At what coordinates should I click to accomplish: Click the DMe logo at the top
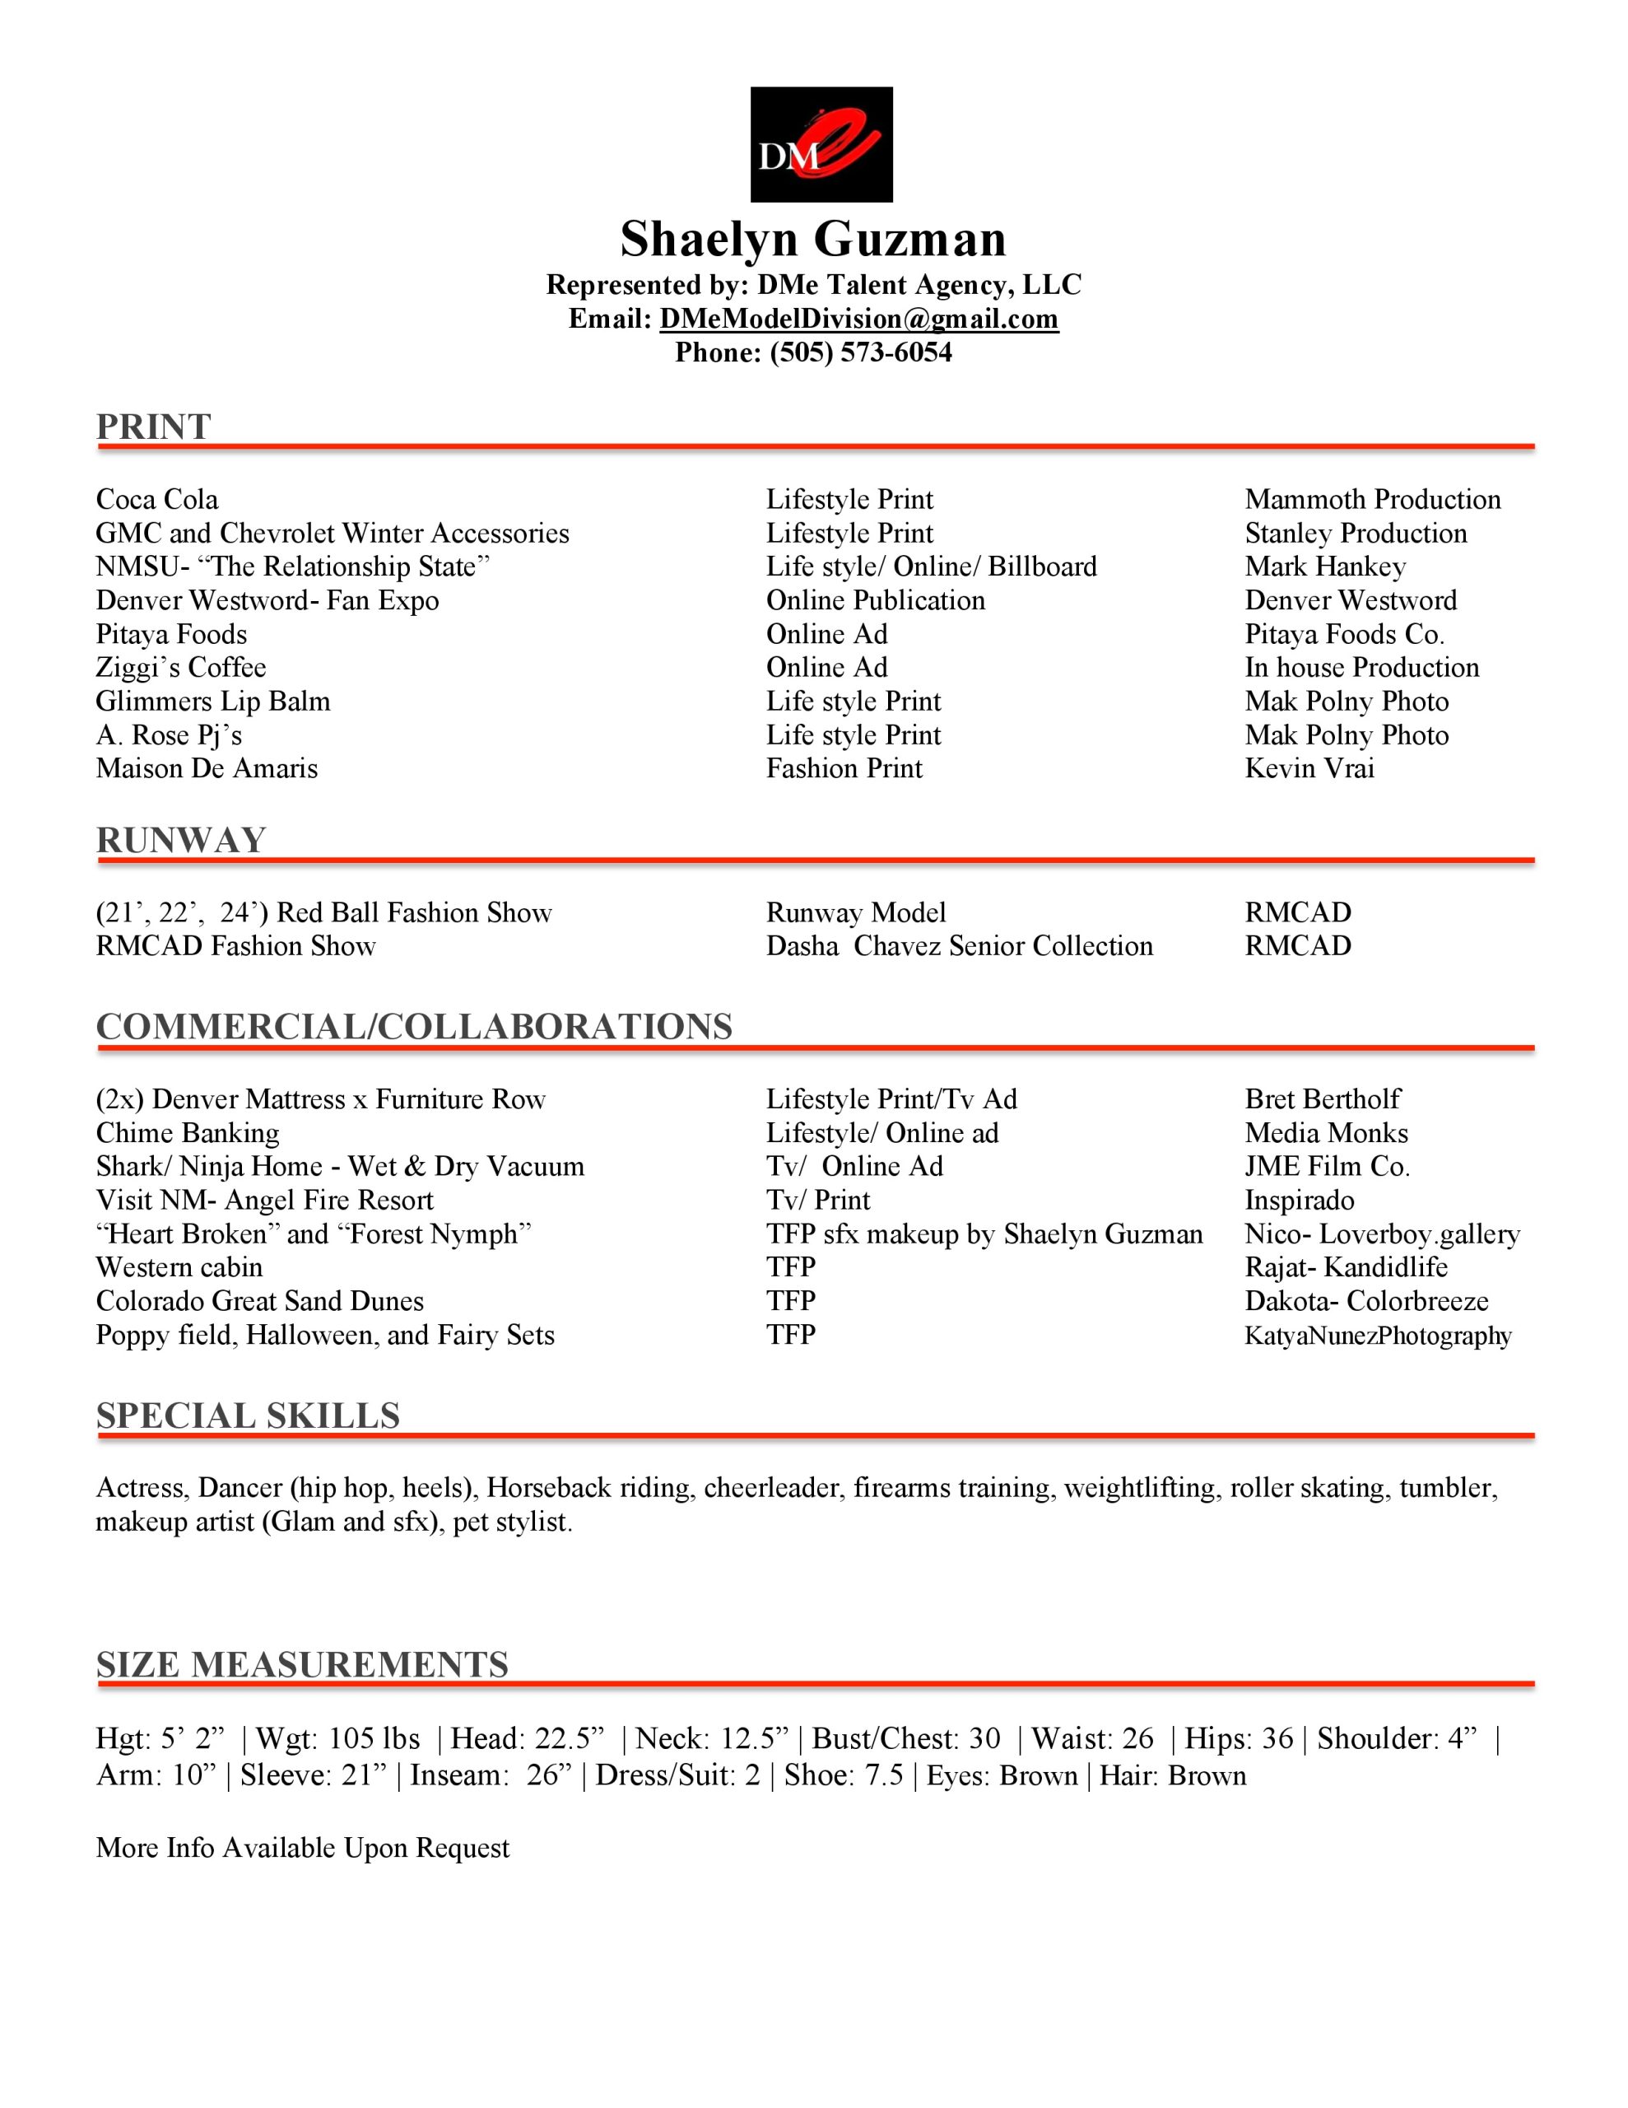pyautogui.click(x=821, y=145)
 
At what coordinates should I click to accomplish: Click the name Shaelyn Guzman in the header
pyautogui.click(x=812, y=240)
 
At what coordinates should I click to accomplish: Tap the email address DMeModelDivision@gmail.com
pyautogui.click(x=859, y=319)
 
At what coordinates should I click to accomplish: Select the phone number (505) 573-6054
pyautogui.click(x=861, y=353)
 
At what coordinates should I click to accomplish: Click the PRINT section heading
pyautogui.click(x=153, y=427)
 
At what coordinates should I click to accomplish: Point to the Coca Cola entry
pyautogui.click(x=157, y=500)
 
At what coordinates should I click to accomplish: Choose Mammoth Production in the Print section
pyautogui.click(x=1372, y=500)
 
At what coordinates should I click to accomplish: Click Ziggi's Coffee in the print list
pyautogui.click(x=180, y=668)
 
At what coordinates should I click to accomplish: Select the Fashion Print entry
pyautogui.click(x=844, y=769)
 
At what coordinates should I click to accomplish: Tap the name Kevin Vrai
pyautogui.click(x=1309, y=769)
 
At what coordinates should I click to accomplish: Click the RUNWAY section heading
pyautogui.click(x=180, y=841)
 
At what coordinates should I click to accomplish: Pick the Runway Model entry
pyautogui.click(x=856, y=913)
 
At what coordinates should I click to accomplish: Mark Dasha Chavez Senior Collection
pyautogui.click(x=959, y=946)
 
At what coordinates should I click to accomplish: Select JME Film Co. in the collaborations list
pyautogui.click(x=1327, y=1167)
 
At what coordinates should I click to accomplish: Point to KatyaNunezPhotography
pyautogui.click(x=1377, y=1336)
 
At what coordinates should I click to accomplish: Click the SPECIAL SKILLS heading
pyautogui.click(x=248, y=1416)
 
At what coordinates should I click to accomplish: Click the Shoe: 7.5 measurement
pyautogui.click(x=844, y=1776)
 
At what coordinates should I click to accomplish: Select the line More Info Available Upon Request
pyautogui.click(x=303, y=1849)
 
